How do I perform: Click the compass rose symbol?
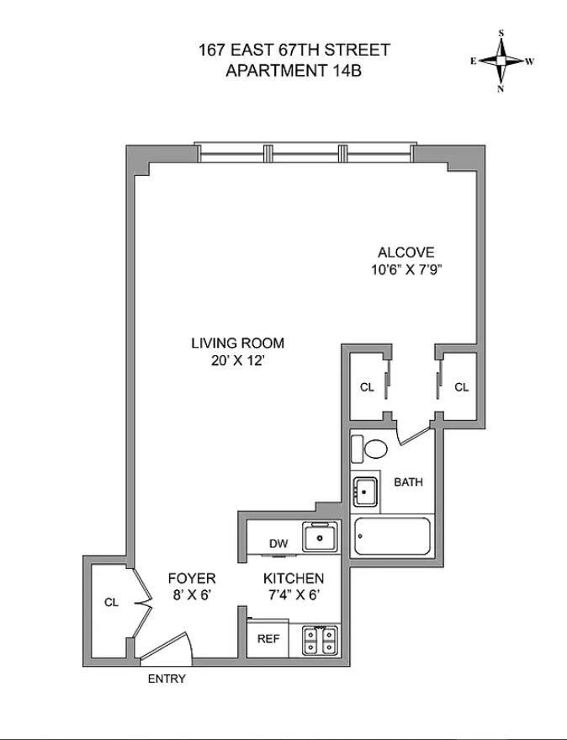coord(501,61)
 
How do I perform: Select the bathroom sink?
coord(365,492)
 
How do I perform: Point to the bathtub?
coord(393,536)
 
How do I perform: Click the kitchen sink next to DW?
coord(320,536)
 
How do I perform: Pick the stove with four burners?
coord(321,640)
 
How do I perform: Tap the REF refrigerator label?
coord(268,639)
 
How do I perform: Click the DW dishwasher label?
coord(278,544)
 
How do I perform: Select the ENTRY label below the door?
coord(167,679)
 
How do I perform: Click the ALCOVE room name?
coord(405,252)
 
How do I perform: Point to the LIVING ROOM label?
coord(237,343)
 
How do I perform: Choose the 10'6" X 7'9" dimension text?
coord(405,269)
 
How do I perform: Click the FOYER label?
coord(192,578)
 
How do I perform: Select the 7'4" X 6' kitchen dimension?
coord(294,596)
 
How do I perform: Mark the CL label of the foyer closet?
coord(111,603)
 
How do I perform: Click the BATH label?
coord(408,482)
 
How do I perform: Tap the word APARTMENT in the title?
coord(273,70)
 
